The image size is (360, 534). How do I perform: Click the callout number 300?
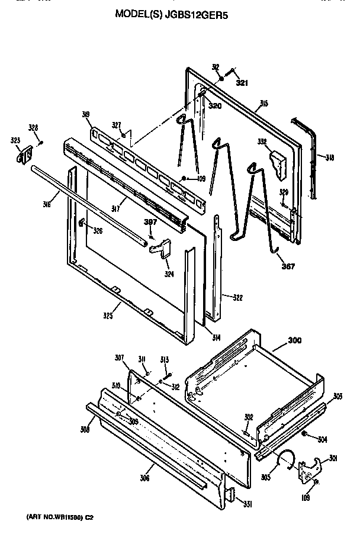[x=294, y=340]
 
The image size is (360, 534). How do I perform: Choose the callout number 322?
[x=237, y=297]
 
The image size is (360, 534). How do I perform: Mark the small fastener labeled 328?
[x=40, y=142]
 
